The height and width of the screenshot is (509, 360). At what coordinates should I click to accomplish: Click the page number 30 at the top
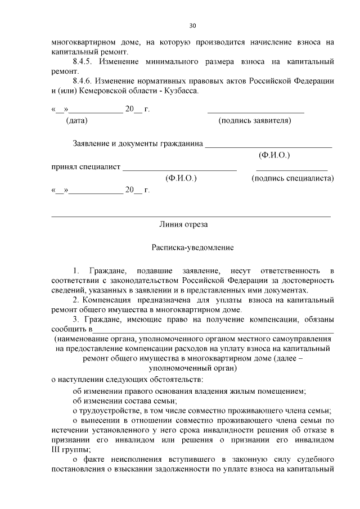(193, 25)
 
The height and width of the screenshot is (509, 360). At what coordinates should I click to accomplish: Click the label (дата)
(76, 120)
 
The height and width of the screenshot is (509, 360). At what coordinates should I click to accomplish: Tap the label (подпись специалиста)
(292, 178)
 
